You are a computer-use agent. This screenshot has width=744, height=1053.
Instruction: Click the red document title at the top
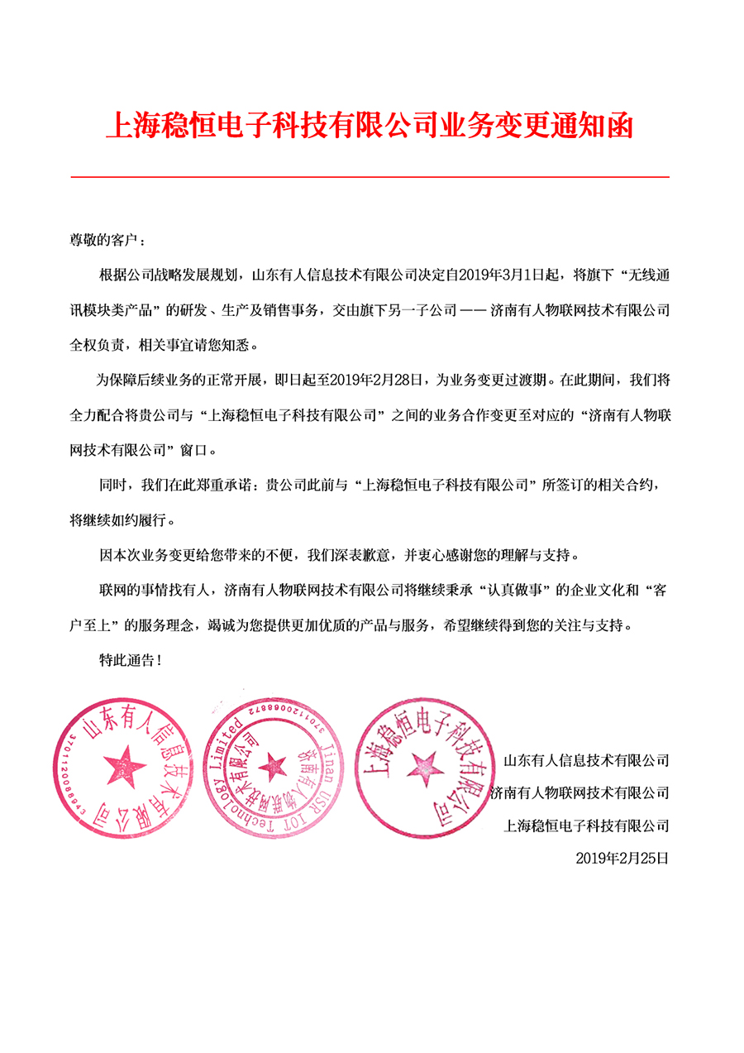click(370, 127)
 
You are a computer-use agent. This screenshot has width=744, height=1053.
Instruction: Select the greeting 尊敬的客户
click(107, 240)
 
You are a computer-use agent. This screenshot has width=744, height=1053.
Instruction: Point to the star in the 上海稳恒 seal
click(423, 764)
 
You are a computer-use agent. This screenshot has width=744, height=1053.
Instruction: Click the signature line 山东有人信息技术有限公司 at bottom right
click(585, 759)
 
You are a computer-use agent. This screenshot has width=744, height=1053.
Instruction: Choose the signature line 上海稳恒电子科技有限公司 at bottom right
click(585, 826)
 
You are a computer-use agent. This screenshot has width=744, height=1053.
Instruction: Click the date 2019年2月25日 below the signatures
click(621, 859)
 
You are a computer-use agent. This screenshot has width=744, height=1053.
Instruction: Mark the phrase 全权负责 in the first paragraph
click(96, 345)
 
